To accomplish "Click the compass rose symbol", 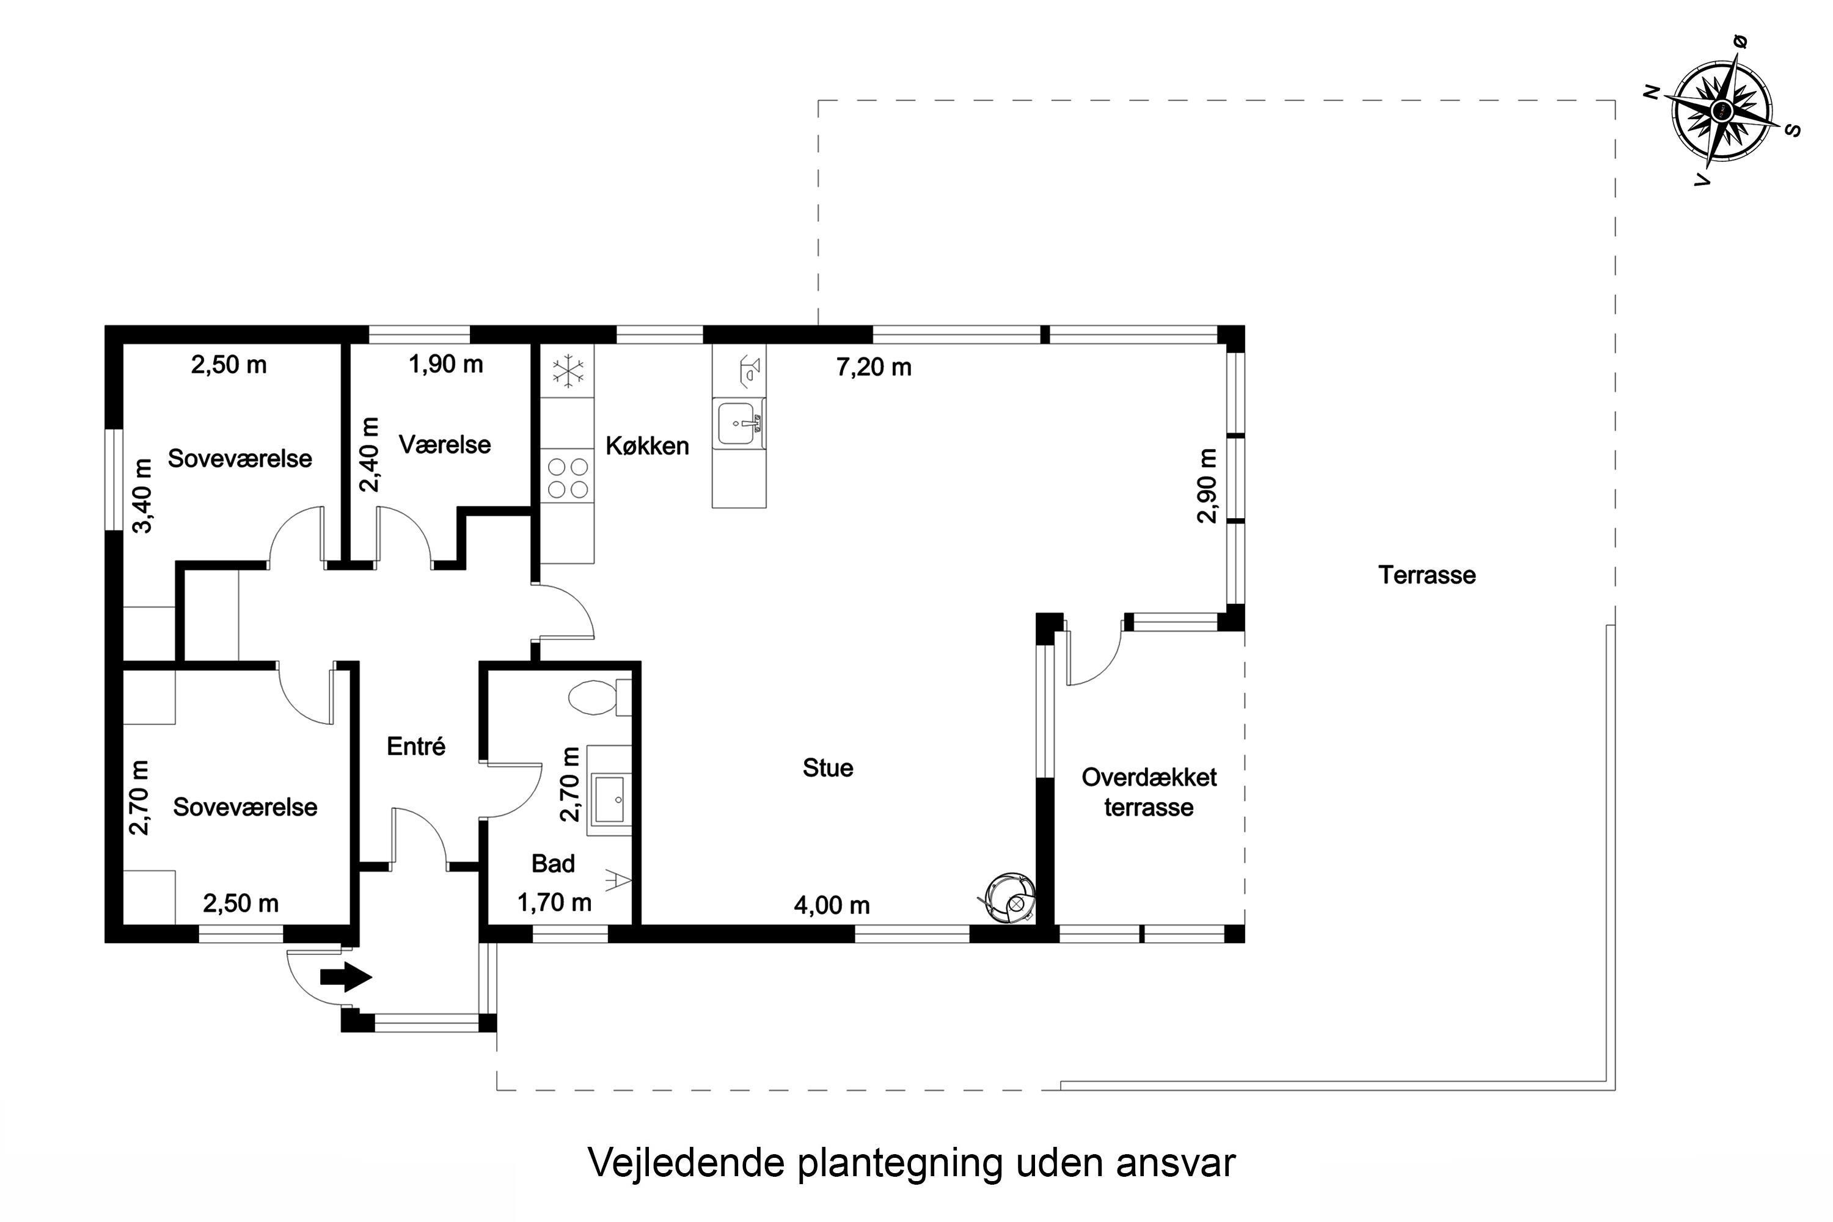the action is click(1722, 111).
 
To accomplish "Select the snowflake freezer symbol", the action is click(568, 371).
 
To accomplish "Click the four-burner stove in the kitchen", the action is click(568, 478).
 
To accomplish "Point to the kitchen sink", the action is click(738, 423).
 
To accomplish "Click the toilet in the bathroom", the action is click(599, 697).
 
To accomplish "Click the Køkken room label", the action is click(647, 446).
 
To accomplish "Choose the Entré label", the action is click(416, 746).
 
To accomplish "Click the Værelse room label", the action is click(445, 444).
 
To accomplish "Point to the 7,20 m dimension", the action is click(874, 367).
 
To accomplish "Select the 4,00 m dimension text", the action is click(832, 905).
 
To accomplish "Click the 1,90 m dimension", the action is click(446, 364).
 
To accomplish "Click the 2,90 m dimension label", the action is click(1206, 486).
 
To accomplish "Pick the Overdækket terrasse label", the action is click(1149, 792).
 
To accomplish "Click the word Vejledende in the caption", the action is click(686, 1163).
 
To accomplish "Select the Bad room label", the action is click(554, 863).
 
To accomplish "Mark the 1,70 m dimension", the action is click(554, 902).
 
